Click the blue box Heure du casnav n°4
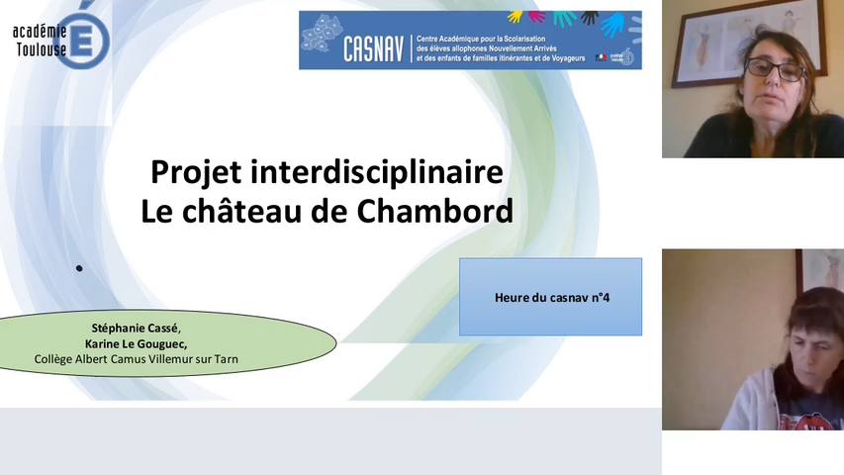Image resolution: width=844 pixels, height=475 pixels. click(x=550, y=297)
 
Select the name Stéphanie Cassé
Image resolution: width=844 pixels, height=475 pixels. click(x=137, y=328)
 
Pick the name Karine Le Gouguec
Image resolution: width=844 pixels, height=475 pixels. click(x=137, y=343)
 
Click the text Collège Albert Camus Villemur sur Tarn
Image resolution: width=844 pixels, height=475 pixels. click(x=137, y=359)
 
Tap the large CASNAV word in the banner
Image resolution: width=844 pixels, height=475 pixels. click(x=373, y=48)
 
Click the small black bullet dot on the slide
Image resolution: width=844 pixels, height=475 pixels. click(x=79, y=267)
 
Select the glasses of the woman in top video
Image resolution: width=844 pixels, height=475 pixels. click(x=774, y=69)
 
